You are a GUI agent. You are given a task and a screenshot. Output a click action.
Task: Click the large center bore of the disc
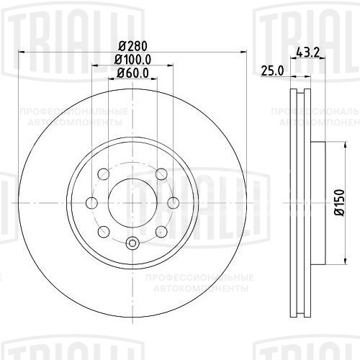[132, 202]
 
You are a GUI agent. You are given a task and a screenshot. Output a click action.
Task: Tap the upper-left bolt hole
[102, 174]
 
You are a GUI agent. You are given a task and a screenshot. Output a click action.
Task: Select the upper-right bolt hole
[161, 174]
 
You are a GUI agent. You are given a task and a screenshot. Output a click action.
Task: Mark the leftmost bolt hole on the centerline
[90, 202]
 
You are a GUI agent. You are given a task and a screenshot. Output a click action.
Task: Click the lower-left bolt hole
[103, 231]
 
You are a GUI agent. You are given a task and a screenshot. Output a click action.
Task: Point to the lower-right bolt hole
[161, 231]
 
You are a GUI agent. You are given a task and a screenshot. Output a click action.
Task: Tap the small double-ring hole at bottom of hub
[132, 243]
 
